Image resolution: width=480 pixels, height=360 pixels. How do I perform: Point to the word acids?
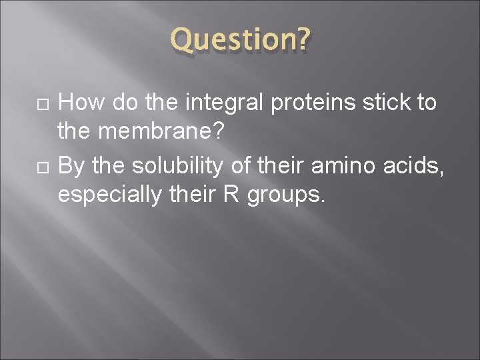point(413,167)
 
